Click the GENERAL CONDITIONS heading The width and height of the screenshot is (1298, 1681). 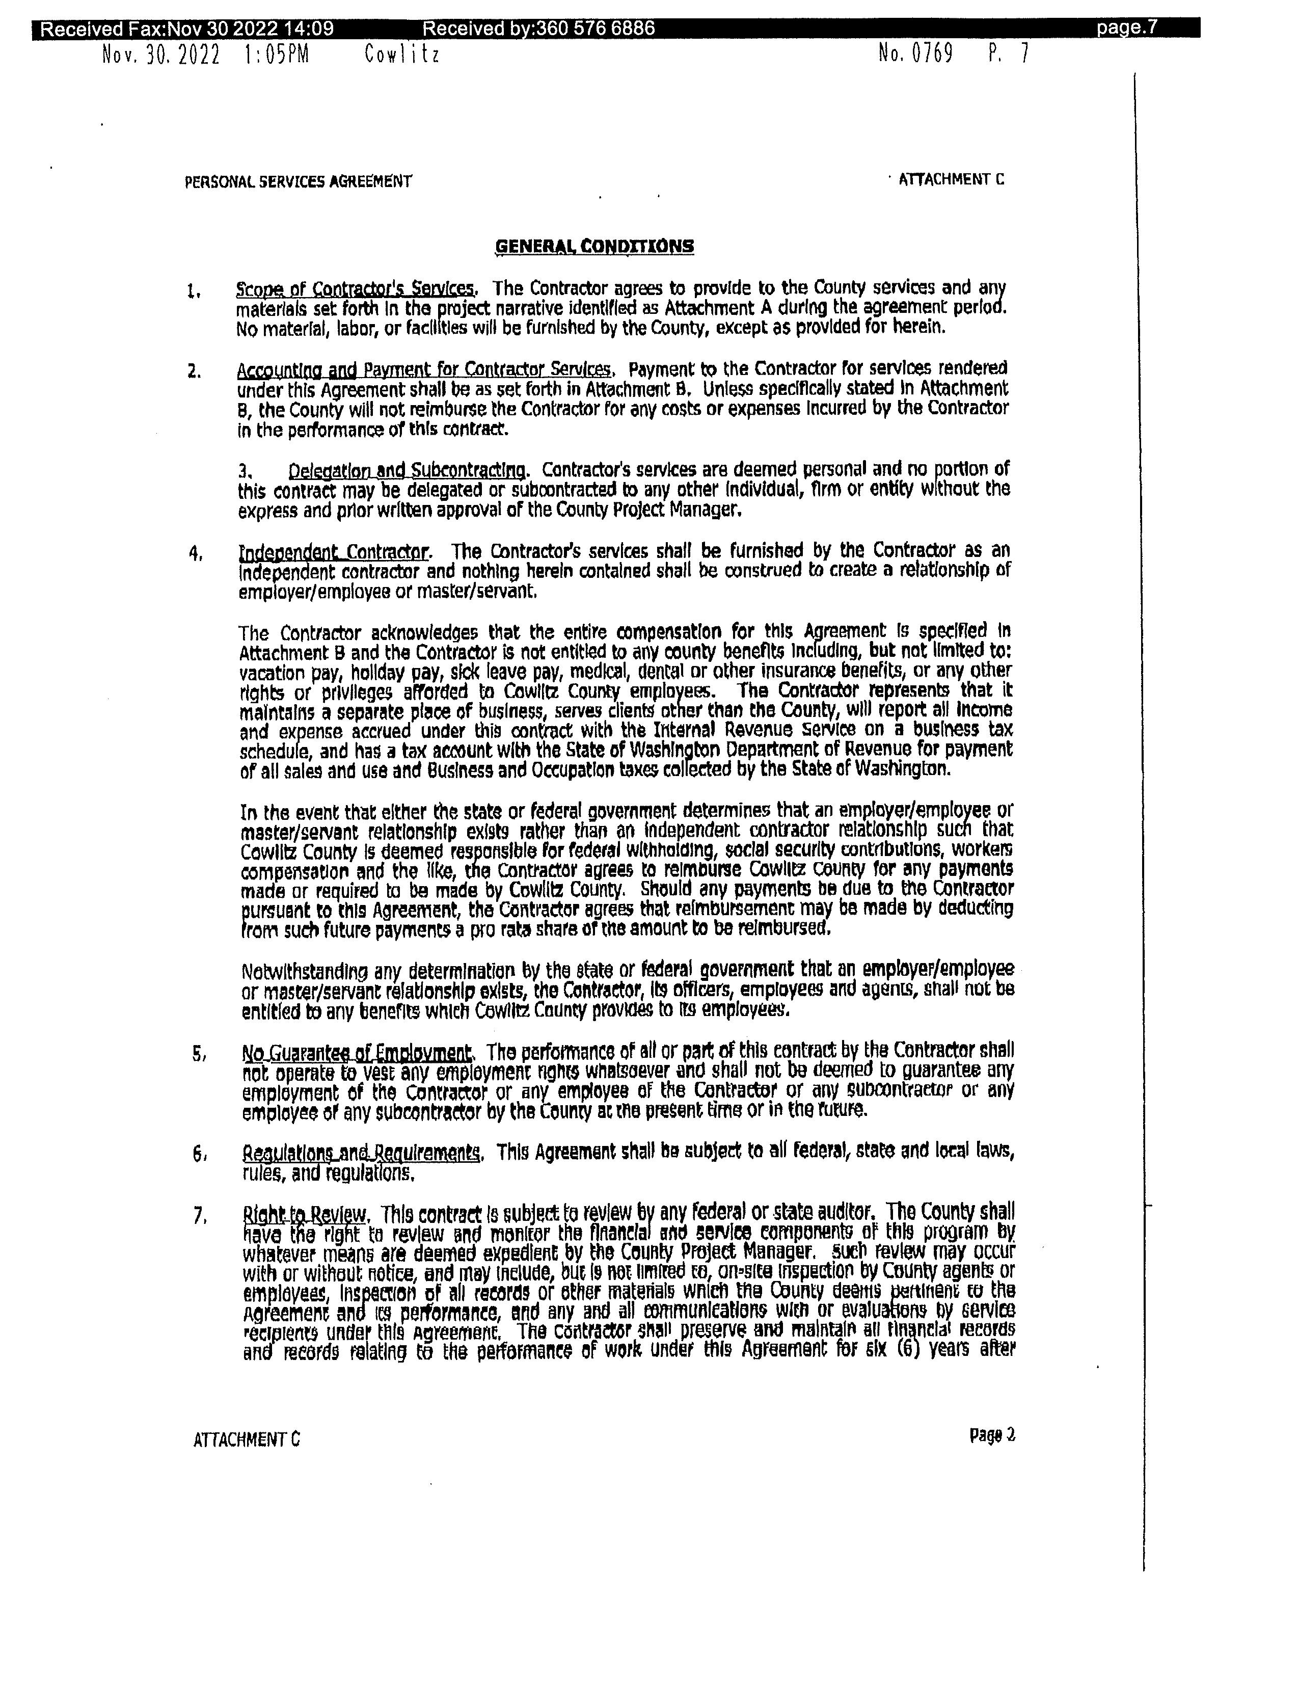[594, 246]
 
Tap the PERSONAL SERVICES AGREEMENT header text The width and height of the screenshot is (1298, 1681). [298, 182]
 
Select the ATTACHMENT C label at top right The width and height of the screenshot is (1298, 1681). [951, 180]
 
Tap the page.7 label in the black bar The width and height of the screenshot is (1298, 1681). [1126, 29]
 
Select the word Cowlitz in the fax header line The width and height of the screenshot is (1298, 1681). [401, 55]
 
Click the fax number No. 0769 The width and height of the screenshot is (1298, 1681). [915, 54]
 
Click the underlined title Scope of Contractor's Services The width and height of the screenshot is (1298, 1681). [356, 289]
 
